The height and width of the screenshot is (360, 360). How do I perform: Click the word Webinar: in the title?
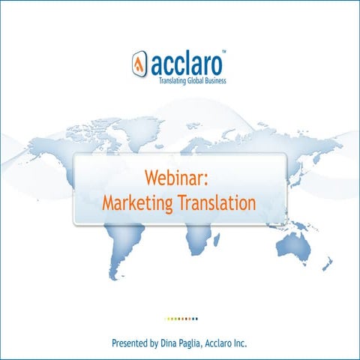tap(179, 178)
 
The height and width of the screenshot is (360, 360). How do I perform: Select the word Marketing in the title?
tap(137, 202)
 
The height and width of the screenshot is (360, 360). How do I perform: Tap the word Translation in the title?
tap(217, 202)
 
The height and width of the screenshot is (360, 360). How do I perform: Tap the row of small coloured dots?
tap(181, 318)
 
